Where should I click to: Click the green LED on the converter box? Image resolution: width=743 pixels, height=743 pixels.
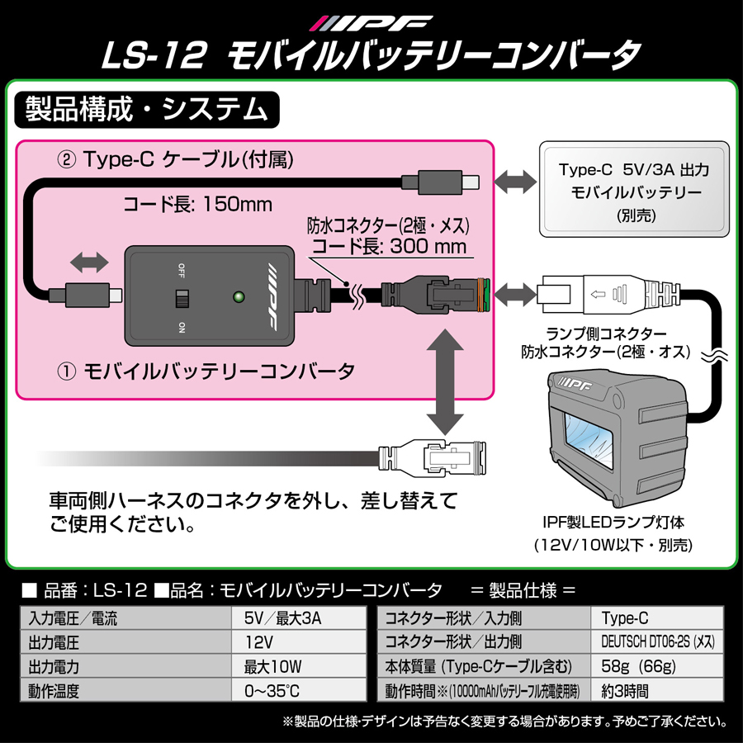pyautogui.click(x=240, y=295)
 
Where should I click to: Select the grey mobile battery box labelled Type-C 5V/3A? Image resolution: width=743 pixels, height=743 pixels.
pyautogui.click(x=634, y=192)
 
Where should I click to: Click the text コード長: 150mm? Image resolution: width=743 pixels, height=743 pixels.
pyautogui.click(x=197, y=203)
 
